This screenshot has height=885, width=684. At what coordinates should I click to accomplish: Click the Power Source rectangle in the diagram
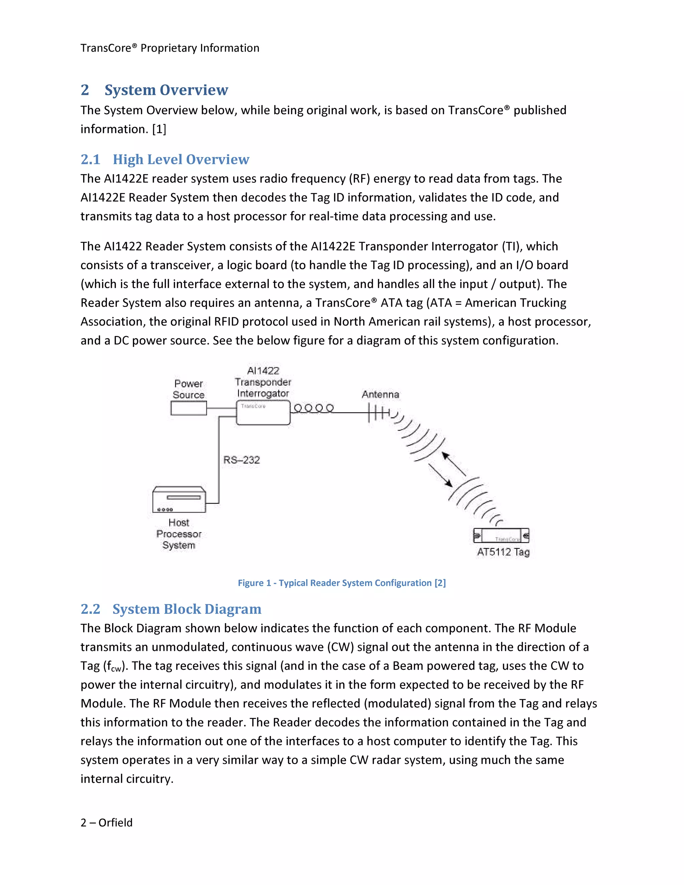188,408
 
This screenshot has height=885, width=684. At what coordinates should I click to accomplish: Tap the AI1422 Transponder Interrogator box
263,413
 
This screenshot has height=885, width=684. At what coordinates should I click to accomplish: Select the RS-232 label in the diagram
241,460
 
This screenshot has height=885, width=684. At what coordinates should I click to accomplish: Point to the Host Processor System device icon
179,500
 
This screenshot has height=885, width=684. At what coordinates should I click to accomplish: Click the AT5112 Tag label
503,552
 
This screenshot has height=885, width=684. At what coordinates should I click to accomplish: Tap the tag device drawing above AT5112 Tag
501,536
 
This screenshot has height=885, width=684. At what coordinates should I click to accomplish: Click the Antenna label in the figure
380,394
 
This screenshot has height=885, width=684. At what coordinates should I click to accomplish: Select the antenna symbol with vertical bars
378,413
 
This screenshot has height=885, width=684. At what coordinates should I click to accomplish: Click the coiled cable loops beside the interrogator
314,408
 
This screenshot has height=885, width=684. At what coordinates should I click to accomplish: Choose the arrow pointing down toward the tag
441,475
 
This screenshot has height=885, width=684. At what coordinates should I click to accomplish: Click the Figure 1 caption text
342,583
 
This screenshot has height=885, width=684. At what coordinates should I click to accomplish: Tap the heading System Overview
166,90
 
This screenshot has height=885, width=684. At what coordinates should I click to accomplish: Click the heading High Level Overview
181,159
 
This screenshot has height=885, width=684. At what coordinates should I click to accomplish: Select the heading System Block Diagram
187,609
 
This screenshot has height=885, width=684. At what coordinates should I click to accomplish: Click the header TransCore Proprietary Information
170,48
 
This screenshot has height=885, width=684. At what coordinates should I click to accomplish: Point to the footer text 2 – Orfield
107,823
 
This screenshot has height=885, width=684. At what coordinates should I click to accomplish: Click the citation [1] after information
159,129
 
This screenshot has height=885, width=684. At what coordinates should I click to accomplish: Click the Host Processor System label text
179,534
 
